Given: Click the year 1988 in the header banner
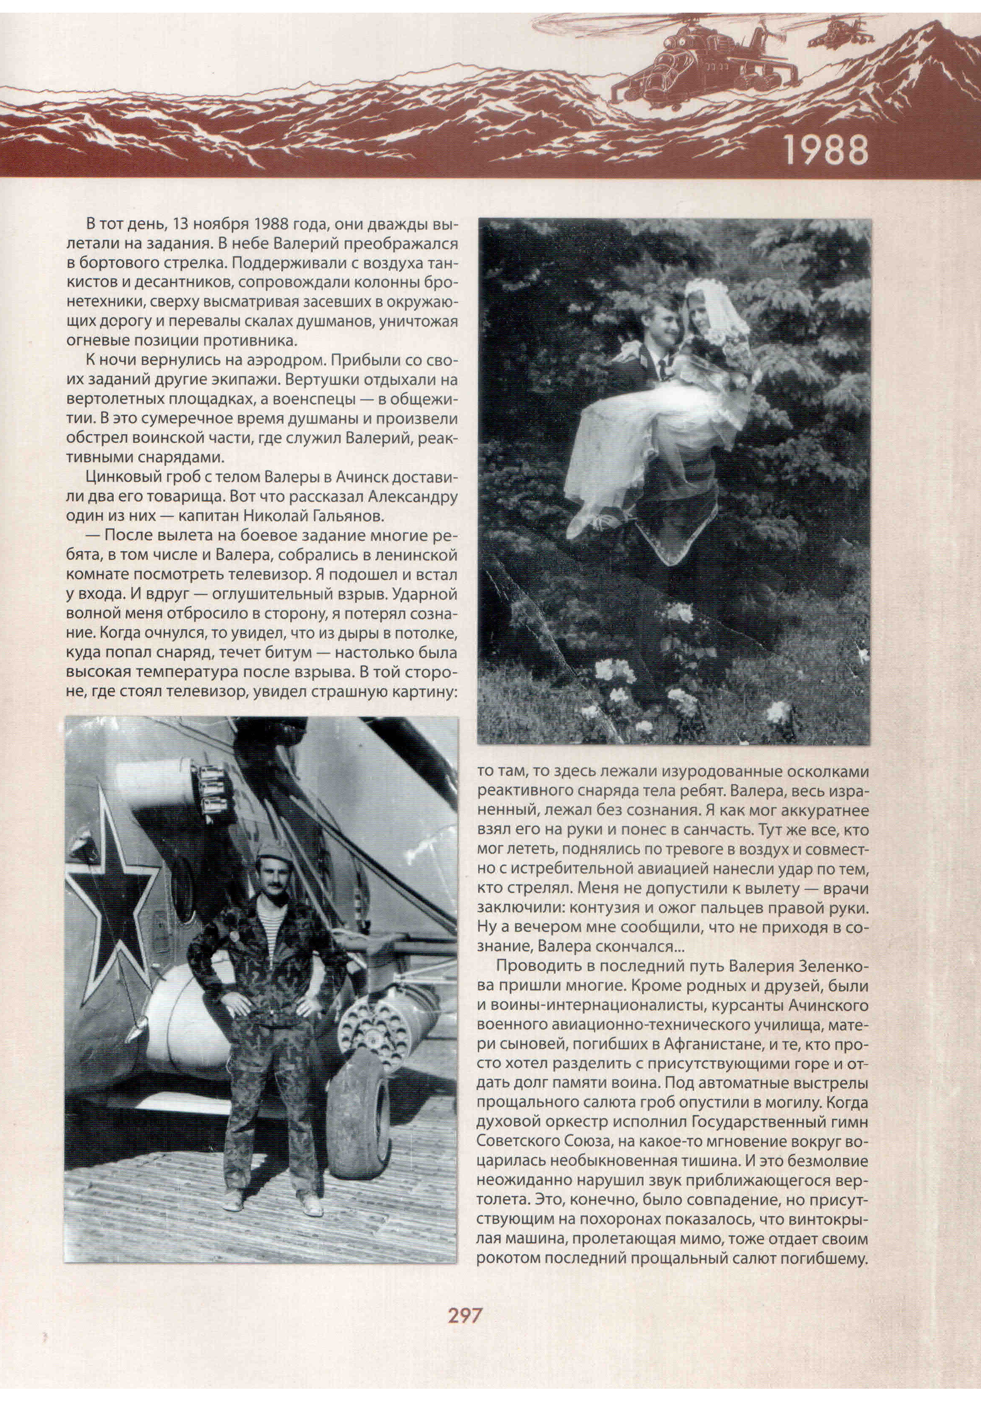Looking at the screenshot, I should [x=825, y=150].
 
